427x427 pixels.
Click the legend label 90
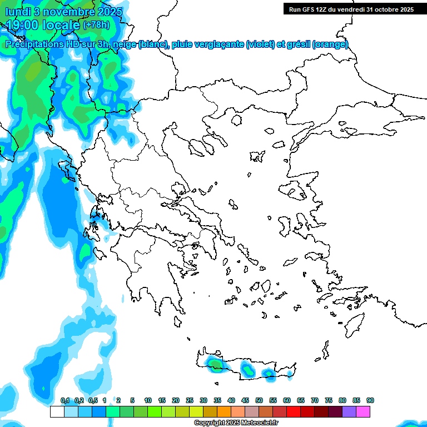[x=370, y=400]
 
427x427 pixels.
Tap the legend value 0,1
[x=65, y=400]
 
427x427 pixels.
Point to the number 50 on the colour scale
[x=259, y=400]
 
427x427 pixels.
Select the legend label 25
[x=190, y=400]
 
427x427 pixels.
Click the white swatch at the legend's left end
[x=57, y=412]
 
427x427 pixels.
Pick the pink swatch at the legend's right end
[x=363, y=412]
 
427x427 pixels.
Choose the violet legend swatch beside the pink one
[x=349, y=412]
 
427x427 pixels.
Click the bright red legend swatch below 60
[x=293, y=412]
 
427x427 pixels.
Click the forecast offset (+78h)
[x=96, y=24]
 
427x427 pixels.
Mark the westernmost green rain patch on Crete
[x=214, y=364]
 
